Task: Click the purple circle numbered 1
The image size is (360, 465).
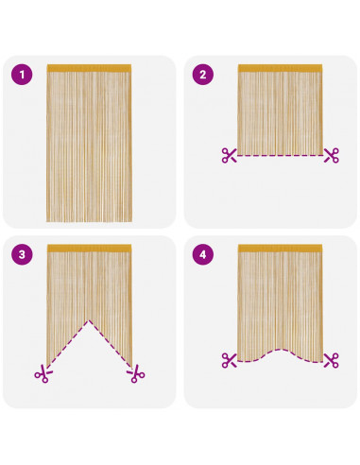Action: (x=22, y=75)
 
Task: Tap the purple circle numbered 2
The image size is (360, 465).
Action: (x=203, y=75)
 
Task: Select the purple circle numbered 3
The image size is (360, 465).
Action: (x=22, y=254)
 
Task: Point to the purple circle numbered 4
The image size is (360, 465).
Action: (x=203, y=254)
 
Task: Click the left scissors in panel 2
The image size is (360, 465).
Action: (x=229, y=155)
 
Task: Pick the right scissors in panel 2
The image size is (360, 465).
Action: (x=332, y=155)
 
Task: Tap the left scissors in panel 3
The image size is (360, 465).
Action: (x=43, y=374)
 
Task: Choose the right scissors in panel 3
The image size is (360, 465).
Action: (x=136, y=374)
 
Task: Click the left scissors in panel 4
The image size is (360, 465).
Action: (x=229, y=360)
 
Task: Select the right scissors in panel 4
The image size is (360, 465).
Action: (x=332, y=360)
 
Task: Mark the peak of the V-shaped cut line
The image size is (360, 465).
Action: (x=89, y=320)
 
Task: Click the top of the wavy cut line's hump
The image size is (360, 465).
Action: (x=280, y=350)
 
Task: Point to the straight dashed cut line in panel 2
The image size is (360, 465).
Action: (x=280, y=155)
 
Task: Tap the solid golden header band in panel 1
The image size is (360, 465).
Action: (x=89, y=68)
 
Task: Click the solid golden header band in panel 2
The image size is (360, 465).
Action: (x=280, y=68)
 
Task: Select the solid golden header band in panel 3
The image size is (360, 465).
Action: (x=89, y=249)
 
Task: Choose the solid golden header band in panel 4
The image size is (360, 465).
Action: (x=280, y=249)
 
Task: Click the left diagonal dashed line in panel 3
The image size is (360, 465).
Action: (x=68, y=344)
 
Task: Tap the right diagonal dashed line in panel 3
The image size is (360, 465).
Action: (x=111, y=344)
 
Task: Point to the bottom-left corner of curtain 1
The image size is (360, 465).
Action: (x=46, y=222)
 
